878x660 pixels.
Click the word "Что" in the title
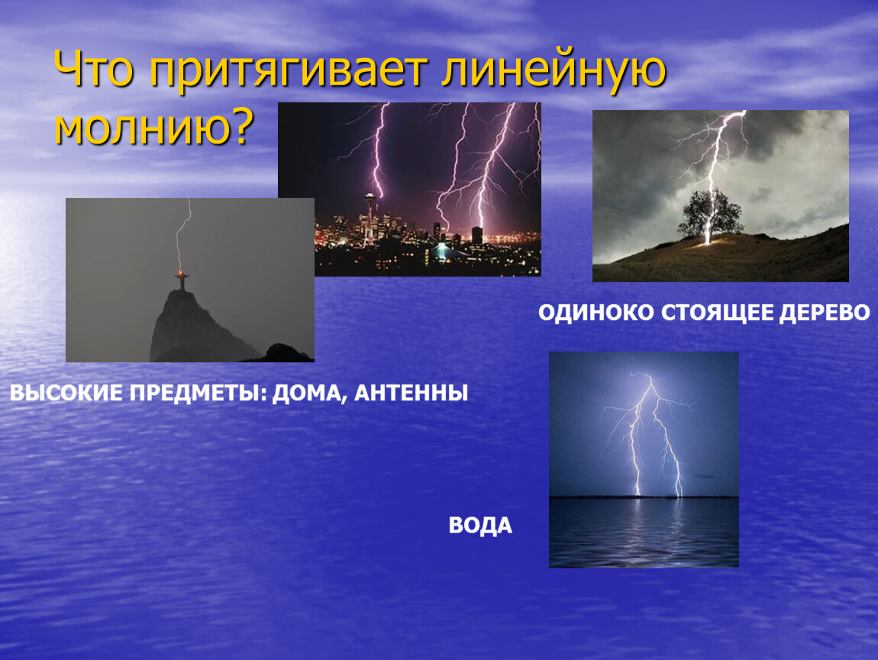coord(94,69)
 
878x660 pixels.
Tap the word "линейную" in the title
coord(554,71)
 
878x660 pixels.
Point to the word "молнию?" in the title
coord(154,127)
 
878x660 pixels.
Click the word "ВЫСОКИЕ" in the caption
coord(66,393)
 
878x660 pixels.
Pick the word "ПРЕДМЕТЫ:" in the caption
coord(199,393)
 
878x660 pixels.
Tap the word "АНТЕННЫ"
coord(412,393)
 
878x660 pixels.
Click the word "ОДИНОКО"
coord(596,312)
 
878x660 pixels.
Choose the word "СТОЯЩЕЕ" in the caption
coord(717,312)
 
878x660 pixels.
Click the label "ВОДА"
coord(480,526)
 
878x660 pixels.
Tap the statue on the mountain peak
coord(181,280)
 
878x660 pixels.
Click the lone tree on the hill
coord(709,214)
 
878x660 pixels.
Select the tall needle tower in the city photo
coord(370,215)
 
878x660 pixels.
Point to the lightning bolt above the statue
coord(182,235)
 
